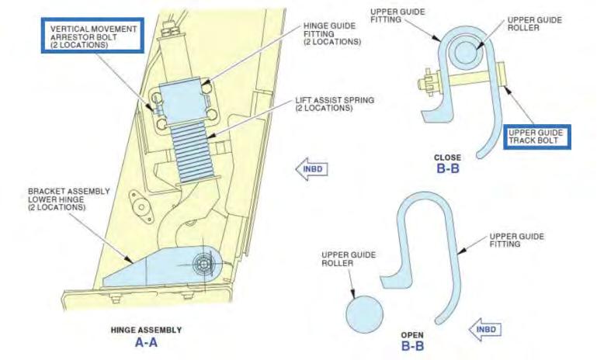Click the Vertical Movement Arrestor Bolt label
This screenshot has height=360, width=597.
pyautogui.click(x=94, y=36)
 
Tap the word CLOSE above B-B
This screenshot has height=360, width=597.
pyautogui.click(x=447, y=157)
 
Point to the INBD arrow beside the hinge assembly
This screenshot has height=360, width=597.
pyautogui.click(x=311, y=168)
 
